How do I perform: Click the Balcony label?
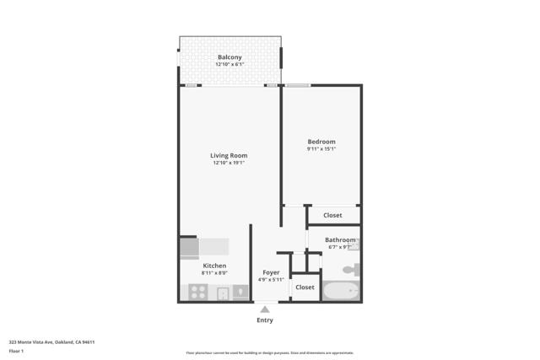[229, 57]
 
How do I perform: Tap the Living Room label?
[229, 155]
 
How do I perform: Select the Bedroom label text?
[321, 142]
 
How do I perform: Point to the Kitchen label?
[214, 266]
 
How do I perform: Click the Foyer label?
[271, 272]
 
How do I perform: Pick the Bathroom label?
[340, 240]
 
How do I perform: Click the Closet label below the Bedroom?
[332, 215]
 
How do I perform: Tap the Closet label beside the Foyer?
[305, 287]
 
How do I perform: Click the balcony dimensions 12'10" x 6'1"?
[229, 65]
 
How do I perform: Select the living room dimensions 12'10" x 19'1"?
[229, 163]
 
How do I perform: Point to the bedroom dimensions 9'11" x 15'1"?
[321, 149]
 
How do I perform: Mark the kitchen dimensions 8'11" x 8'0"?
[214, 273]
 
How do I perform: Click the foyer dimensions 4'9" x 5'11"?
[271, 280]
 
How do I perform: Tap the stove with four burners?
[198, 293]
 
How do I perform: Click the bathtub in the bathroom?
[341, 291]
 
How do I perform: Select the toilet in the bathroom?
[352, 270]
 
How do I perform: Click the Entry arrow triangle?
[265, 309]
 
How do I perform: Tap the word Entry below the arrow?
[265, 320]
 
